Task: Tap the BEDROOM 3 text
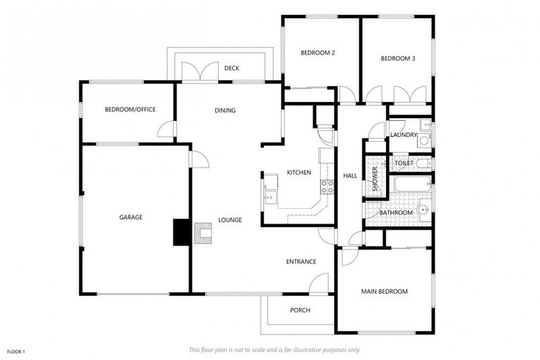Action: [397, 58]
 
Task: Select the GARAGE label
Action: [131, 217]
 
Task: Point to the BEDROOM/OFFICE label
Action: [130, 109]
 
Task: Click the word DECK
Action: [232, 68]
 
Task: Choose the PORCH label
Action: [300, 310]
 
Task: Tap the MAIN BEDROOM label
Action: [384, 291]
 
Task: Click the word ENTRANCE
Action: [300, 262]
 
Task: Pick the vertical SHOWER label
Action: [375, 180]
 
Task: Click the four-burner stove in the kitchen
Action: [327, 187]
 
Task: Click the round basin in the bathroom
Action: [423, 210]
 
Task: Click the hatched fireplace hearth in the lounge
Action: [202, 233]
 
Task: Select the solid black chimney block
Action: [181, 232]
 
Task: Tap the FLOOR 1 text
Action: [16, 350]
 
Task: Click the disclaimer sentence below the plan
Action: [275, 349]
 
